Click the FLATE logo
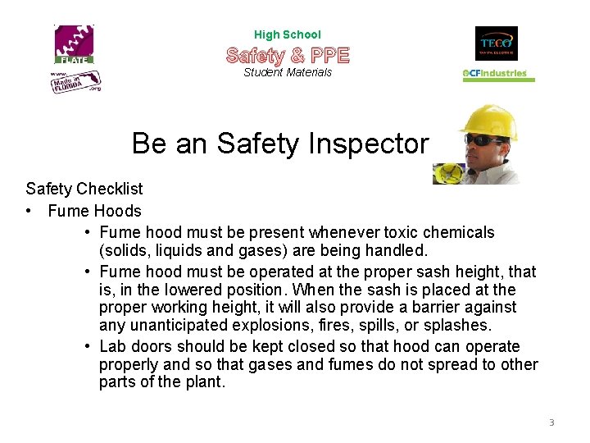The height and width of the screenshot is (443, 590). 75,44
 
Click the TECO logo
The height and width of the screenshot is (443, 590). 496,43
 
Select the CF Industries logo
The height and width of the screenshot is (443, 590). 499,74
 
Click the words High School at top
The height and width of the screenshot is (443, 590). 288,34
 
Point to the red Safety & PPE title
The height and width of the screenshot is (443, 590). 288,55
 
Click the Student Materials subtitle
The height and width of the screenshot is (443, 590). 288,72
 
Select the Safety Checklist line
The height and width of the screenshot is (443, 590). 84,190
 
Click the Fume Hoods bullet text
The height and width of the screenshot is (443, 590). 94,211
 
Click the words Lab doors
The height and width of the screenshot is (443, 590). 129,346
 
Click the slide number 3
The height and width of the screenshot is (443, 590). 551,422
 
